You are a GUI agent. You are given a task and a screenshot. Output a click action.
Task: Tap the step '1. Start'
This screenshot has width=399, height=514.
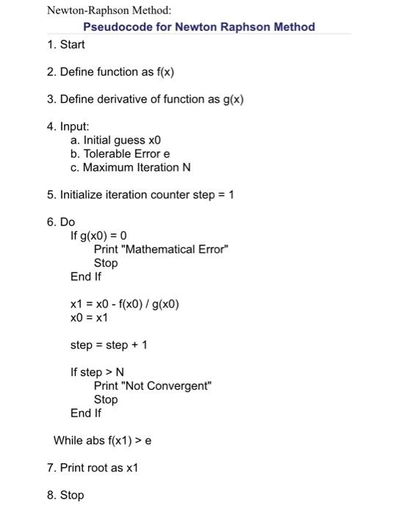click(65, 45)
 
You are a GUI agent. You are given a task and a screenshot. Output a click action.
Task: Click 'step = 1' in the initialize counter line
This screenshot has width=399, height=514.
click(212, 195)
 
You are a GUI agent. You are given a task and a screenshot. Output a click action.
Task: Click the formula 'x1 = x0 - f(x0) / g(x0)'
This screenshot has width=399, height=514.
click(124, 304)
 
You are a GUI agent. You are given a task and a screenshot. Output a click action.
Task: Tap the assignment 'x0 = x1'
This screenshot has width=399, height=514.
click(89, 317)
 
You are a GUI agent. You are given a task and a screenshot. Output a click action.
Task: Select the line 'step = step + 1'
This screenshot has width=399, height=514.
click(108, 344)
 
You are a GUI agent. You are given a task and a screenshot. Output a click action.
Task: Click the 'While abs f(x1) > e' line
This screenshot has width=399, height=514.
click(102, 441)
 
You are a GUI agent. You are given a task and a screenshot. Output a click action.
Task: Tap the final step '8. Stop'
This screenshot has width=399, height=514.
click(65, 495)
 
